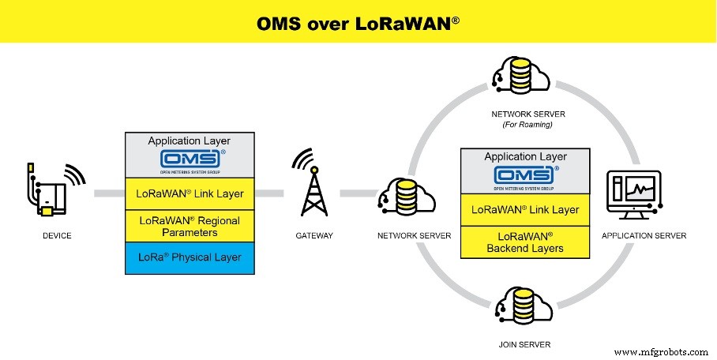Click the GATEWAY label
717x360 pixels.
(313, 235)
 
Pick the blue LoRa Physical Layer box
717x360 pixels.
(190, 257)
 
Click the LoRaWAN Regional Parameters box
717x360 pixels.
(190, 225)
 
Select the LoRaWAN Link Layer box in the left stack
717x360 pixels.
(190, 193)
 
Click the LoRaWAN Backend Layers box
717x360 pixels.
(525, 242)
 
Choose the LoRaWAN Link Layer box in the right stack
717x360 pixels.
(525, 209)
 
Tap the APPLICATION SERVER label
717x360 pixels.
(644, 235)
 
